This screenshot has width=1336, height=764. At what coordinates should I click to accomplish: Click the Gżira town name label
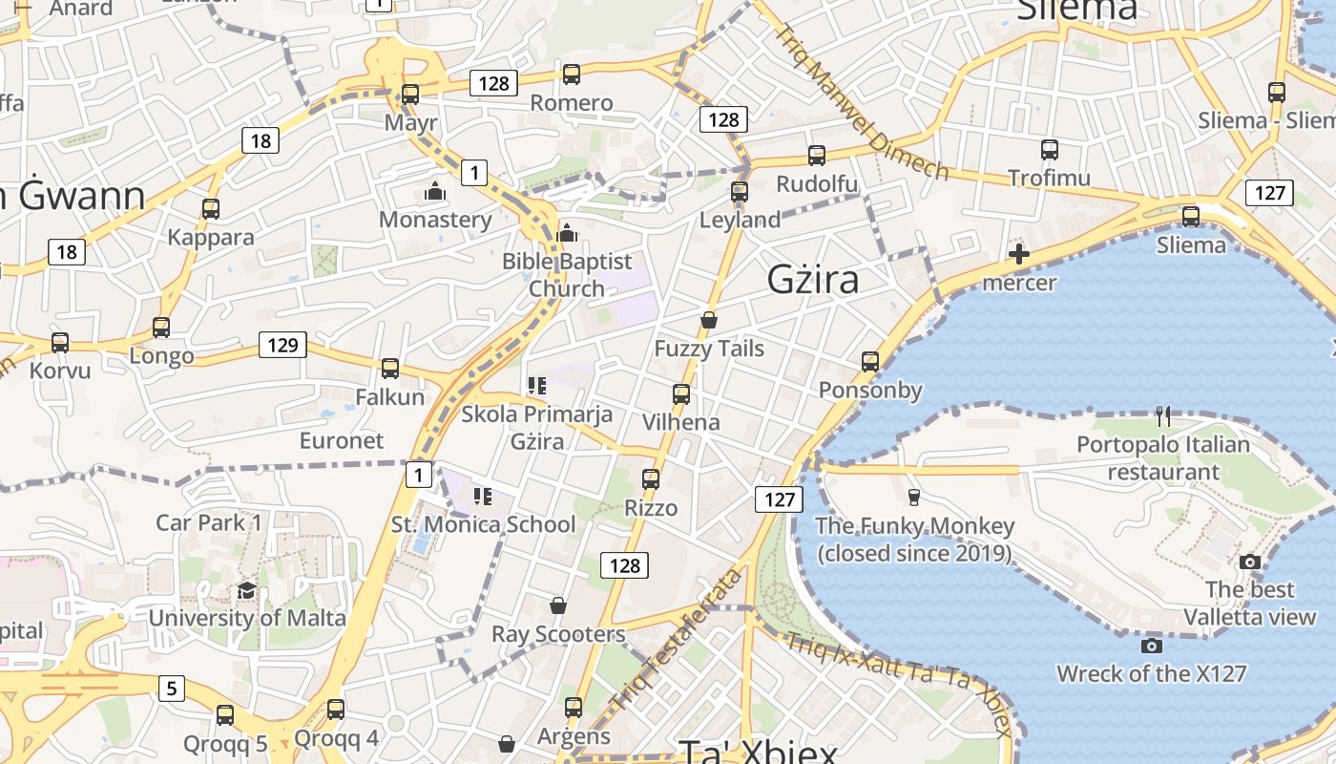coord(813,279)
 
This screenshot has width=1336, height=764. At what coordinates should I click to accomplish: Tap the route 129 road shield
coord(282,345)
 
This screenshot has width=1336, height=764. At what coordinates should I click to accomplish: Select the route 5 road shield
coord(171,688)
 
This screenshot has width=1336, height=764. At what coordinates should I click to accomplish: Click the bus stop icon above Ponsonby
coord(869,361)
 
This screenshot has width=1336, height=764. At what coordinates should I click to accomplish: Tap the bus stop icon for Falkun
coord(389,368)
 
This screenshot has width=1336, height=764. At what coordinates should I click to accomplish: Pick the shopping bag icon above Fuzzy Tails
coord(708,319)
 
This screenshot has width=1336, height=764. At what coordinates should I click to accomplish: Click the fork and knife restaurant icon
coord(1162,415)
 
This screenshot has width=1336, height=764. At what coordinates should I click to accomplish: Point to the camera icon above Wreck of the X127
coord(1152,646)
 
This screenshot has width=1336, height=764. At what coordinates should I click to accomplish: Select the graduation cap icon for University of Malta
coord(246,590)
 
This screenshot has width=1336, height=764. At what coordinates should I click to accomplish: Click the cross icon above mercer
coord(1019,254)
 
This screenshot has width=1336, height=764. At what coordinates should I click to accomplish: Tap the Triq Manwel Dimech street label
coord(860,101)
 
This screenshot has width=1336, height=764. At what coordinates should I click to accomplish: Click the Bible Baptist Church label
coord(567,275)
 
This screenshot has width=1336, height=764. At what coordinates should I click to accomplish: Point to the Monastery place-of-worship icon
coord(435,192)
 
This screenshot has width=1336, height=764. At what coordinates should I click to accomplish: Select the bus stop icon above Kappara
coord(210,208)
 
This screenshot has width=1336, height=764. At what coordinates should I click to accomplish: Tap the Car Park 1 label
coord(208,522)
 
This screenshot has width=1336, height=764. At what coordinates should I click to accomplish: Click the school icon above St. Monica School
coord(483,496)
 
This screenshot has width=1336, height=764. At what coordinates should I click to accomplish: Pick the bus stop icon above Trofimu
coord(1049,149)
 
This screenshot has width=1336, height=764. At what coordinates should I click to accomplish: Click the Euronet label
coord(342,440)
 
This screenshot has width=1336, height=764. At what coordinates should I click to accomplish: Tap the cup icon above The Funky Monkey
coord(913,496)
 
